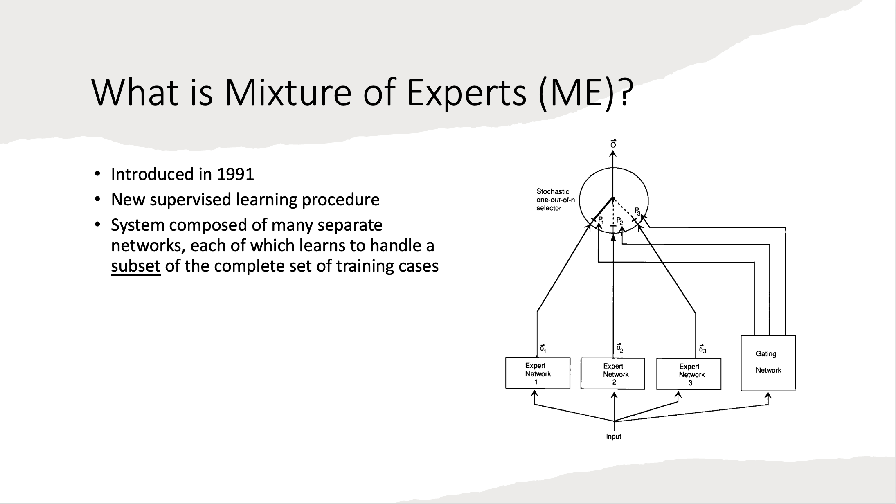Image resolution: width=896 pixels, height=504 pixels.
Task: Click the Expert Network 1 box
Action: click(538, 373)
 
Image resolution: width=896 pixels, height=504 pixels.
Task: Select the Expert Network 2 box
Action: click(613, 373)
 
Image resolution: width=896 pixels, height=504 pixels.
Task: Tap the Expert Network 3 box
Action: click(689, 374)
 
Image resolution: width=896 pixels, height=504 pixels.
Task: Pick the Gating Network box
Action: click(768, 363)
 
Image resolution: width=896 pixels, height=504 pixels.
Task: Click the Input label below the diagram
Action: click(614, 436)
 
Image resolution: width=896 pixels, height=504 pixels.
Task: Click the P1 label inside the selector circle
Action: click(601, 220)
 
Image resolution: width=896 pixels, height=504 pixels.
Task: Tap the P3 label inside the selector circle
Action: click(637, 211)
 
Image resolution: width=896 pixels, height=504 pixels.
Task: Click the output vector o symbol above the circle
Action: click(613, 144)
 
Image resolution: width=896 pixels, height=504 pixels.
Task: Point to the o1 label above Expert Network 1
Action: click(543, 349)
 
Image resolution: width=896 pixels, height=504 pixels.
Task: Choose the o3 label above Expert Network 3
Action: click(702, 349)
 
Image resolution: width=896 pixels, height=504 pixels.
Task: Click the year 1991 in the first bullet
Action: click(235, 174)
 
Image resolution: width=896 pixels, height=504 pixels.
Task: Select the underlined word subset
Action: click(135, 266)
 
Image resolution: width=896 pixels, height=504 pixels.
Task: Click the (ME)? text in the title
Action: click(585, 92)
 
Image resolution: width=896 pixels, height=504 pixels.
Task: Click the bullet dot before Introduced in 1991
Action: click(97, 175)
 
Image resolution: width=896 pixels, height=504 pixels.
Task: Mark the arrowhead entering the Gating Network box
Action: click(768, 396)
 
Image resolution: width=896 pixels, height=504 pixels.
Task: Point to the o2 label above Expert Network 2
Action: click(620, 348)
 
